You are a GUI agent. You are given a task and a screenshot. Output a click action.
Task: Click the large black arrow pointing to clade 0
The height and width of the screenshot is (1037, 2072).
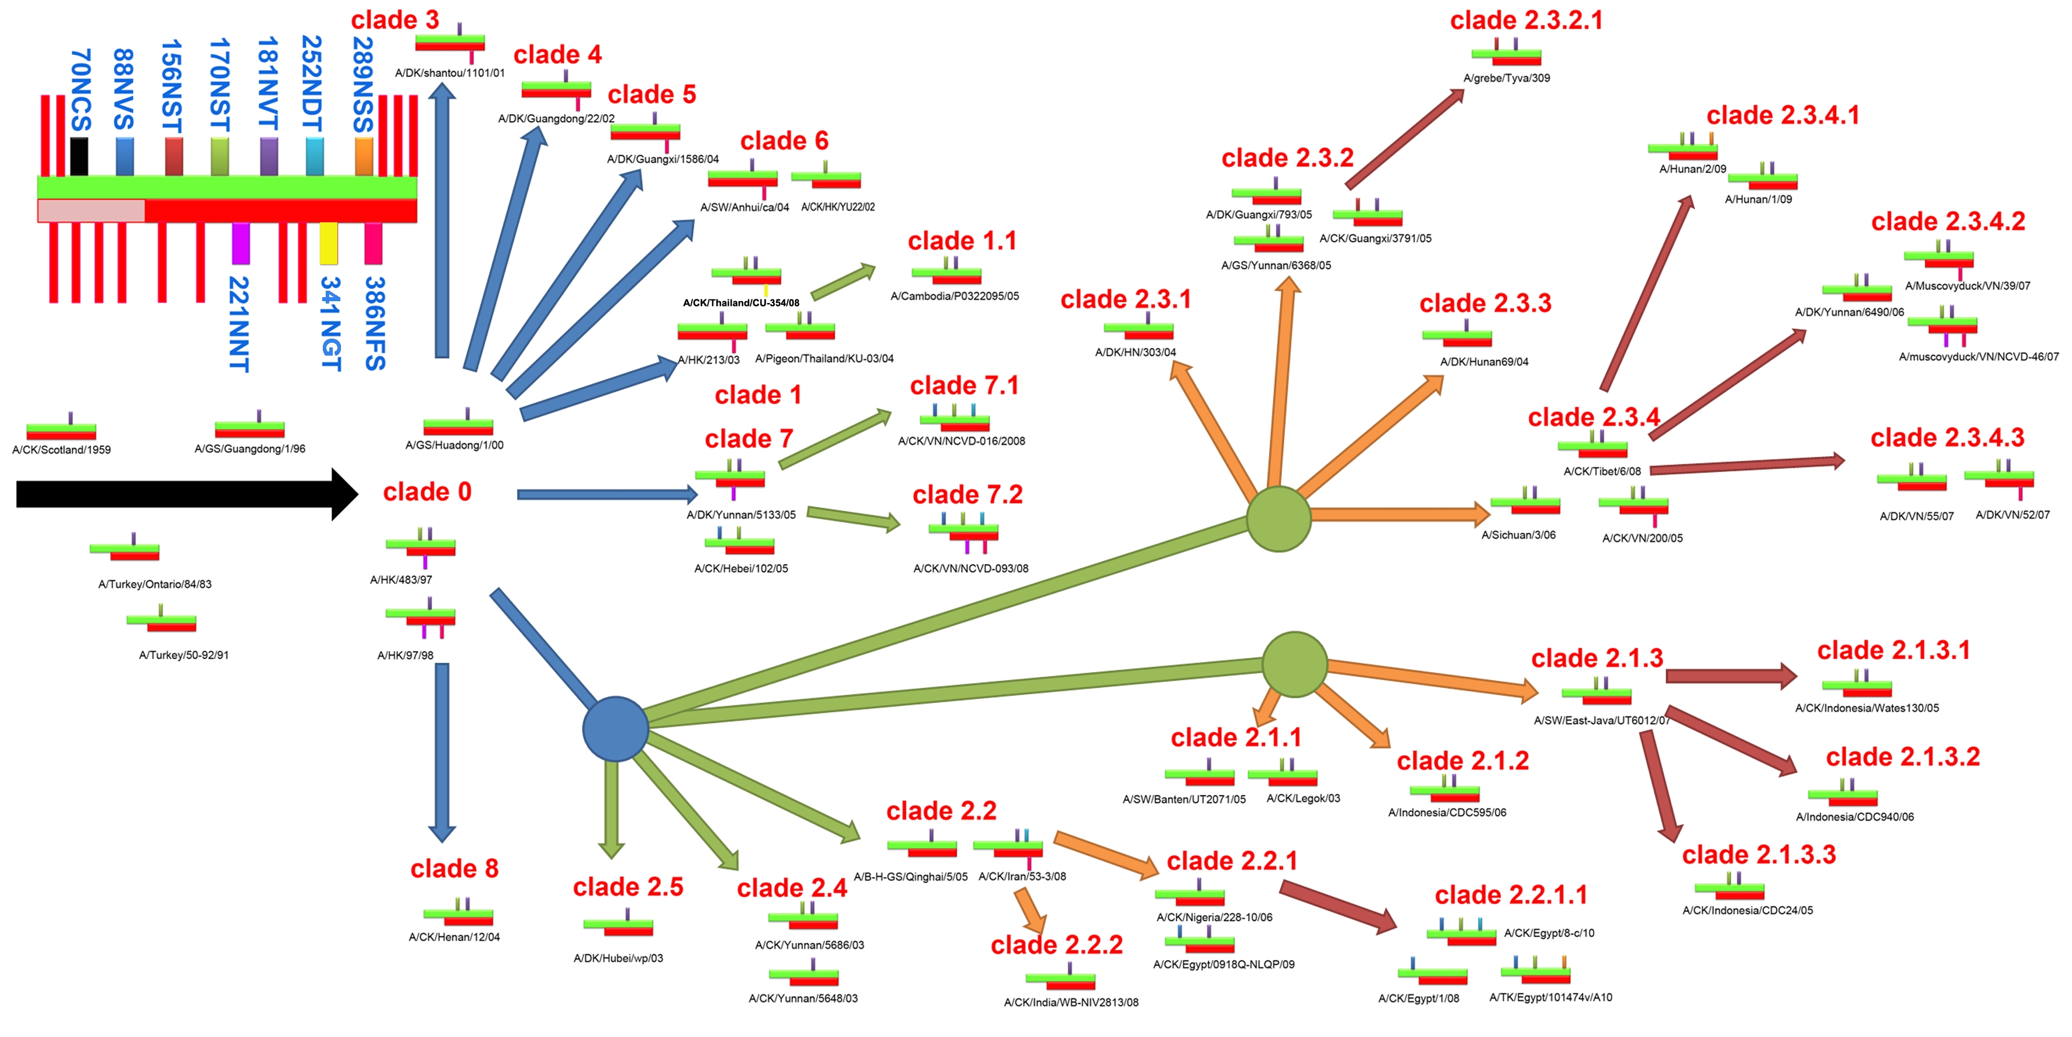(185, 494)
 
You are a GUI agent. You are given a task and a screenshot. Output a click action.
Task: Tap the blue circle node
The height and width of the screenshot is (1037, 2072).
(615, 729)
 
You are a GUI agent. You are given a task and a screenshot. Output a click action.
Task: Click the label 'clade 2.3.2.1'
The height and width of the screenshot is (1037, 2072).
(1526, 20)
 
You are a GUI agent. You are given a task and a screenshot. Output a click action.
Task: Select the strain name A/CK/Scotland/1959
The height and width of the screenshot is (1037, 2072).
(62, 450)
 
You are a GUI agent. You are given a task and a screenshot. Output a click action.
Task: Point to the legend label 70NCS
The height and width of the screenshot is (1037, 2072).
(81, 89)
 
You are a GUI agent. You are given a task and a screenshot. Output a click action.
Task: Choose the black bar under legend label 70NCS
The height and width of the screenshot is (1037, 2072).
(79, 156)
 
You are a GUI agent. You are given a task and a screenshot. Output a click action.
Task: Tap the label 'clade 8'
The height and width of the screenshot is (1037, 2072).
(454, 869)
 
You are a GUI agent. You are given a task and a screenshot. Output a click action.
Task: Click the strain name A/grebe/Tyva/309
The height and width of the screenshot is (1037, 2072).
(1506, 78)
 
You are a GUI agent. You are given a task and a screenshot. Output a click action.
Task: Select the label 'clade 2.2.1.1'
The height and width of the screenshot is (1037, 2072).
(1511, 895)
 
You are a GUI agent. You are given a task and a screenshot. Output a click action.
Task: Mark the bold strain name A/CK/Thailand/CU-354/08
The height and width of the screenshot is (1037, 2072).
(741, 302)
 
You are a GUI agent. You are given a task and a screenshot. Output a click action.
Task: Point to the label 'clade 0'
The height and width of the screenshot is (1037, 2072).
(427, 491)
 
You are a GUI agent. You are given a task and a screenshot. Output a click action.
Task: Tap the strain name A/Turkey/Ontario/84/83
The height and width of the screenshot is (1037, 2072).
(155, 584)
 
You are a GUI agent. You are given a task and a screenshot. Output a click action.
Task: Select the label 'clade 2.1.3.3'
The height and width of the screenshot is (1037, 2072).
(1759, 855)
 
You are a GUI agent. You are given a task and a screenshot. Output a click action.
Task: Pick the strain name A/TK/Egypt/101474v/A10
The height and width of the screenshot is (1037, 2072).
(1551, 998)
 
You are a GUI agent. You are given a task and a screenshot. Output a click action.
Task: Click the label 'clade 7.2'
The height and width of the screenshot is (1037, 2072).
(968, 494)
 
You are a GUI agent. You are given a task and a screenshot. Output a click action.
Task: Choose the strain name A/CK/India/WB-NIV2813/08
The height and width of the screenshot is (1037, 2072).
(1071, 1002)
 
